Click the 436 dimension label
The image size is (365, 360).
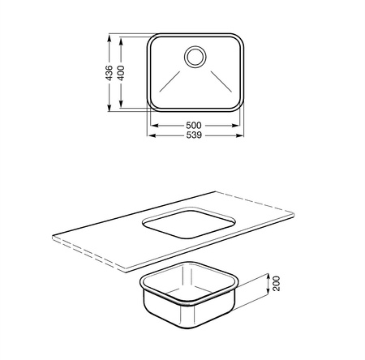coord(109,73)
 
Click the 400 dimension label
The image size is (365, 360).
coord(121,73)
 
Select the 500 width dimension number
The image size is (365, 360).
coord(194,126)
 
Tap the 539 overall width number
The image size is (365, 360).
coord(194,135)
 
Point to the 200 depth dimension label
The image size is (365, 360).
coord(277,283)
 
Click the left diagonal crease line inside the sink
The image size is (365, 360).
coord(170,81)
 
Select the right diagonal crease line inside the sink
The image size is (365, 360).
coord(221,81)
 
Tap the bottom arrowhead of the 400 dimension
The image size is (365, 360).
coord(121,105)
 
